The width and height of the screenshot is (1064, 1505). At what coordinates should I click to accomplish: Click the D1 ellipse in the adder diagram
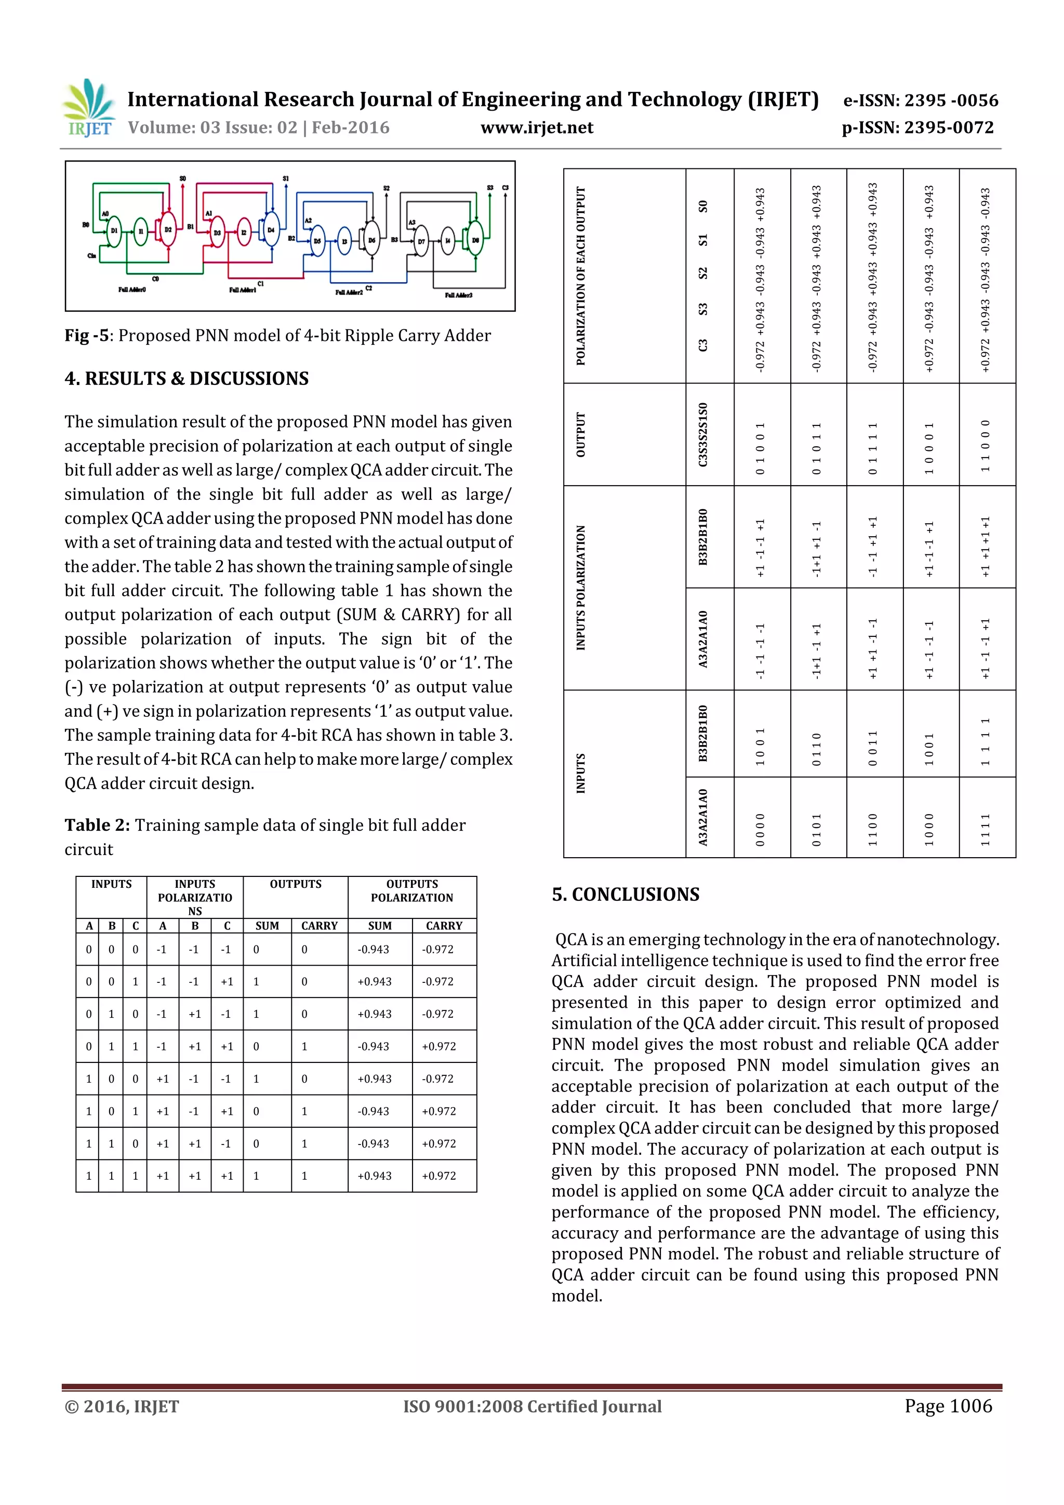[114, 231]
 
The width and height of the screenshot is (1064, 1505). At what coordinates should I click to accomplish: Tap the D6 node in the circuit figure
[371, 241]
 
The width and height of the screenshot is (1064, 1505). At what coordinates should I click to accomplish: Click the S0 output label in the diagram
[183, 178]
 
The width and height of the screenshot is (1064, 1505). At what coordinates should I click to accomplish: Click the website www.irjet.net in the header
[536, 128]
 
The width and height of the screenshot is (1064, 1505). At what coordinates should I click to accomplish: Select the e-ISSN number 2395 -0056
[921, 100]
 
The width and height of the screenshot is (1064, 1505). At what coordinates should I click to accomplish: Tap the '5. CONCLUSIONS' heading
[626, 895]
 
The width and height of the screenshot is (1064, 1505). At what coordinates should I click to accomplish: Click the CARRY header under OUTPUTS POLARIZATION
[444, 926]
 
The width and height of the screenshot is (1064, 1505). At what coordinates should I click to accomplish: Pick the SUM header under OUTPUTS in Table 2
[267, 926]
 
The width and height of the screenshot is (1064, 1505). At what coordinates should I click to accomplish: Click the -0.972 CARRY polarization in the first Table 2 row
[438, 949]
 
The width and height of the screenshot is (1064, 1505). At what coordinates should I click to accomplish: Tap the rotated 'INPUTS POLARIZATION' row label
[581, 588]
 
